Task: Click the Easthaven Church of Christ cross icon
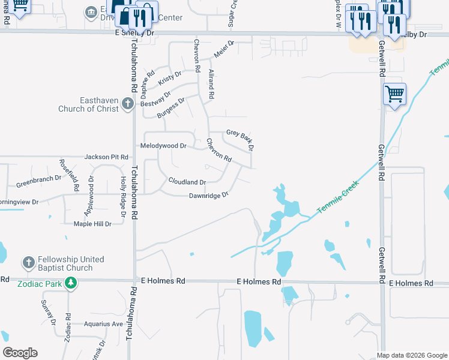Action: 127,104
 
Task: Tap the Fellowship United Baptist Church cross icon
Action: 28,263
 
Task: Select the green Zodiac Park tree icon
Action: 71,283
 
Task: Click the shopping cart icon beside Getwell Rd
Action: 394,94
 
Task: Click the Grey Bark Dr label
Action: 240,139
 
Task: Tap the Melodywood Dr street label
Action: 163,146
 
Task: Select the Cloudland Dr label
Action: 187,182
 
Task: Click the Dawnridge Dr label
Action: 209,196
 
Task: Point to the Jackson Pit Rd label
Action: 106,157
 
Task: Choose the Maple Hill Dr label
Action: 92,224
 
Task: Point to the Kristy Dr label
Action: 170,77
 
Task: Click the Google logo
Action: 20,353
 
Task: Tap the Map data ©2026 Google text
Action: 411,355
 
